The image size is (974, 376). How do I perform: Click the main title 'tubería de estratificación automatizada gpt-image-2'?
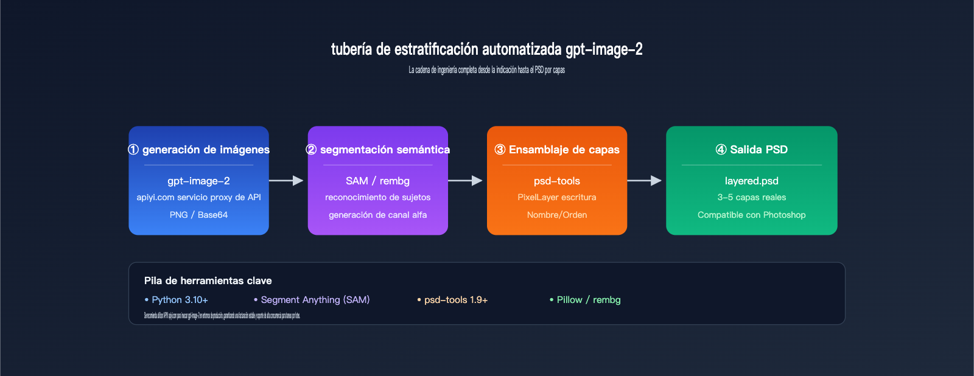[486, 49]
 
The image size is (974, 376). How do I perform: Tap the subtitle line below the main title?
[486, 70]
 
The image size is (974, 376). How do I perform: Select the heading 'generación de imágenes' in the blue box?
[199, 150]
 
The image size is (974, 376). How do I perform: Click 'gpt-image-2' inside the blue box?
[198, 181]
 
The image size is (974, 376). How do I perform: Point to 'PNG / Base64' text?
[198, 215]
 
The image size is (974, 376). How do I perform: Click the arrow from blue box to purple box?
[286, 181]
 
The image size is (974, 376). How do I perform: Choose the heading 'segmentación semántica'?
[378, 150]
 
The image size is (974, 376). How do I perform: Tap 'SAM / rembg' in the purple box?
[377, 181]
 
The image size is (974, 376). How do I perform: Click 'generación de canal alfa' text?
[377, 215]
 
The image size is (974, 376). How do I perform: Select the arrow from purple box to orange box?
[466, 181]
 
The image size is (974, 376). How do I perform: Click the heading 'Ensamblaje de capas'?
[557, 150]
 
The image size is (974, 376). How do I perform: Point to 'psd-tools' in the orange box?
[557, 181]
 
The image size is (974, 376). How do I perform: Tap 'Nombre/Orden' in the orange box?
[557, 215]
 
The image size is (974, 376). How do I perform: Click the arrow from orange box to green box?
[645, 181]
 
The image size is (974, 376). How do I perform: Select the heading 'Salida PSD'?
[752, 150]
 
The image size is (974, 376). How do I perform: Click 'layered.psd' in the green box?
[752, 181]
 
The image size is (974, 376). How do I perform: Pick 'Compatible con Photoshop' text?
[752, 215]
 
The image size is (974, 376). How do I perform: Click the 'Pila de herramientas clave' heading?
[208, 280]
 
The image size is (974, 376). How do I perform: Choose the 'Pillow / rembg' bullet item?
[585, 300]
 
